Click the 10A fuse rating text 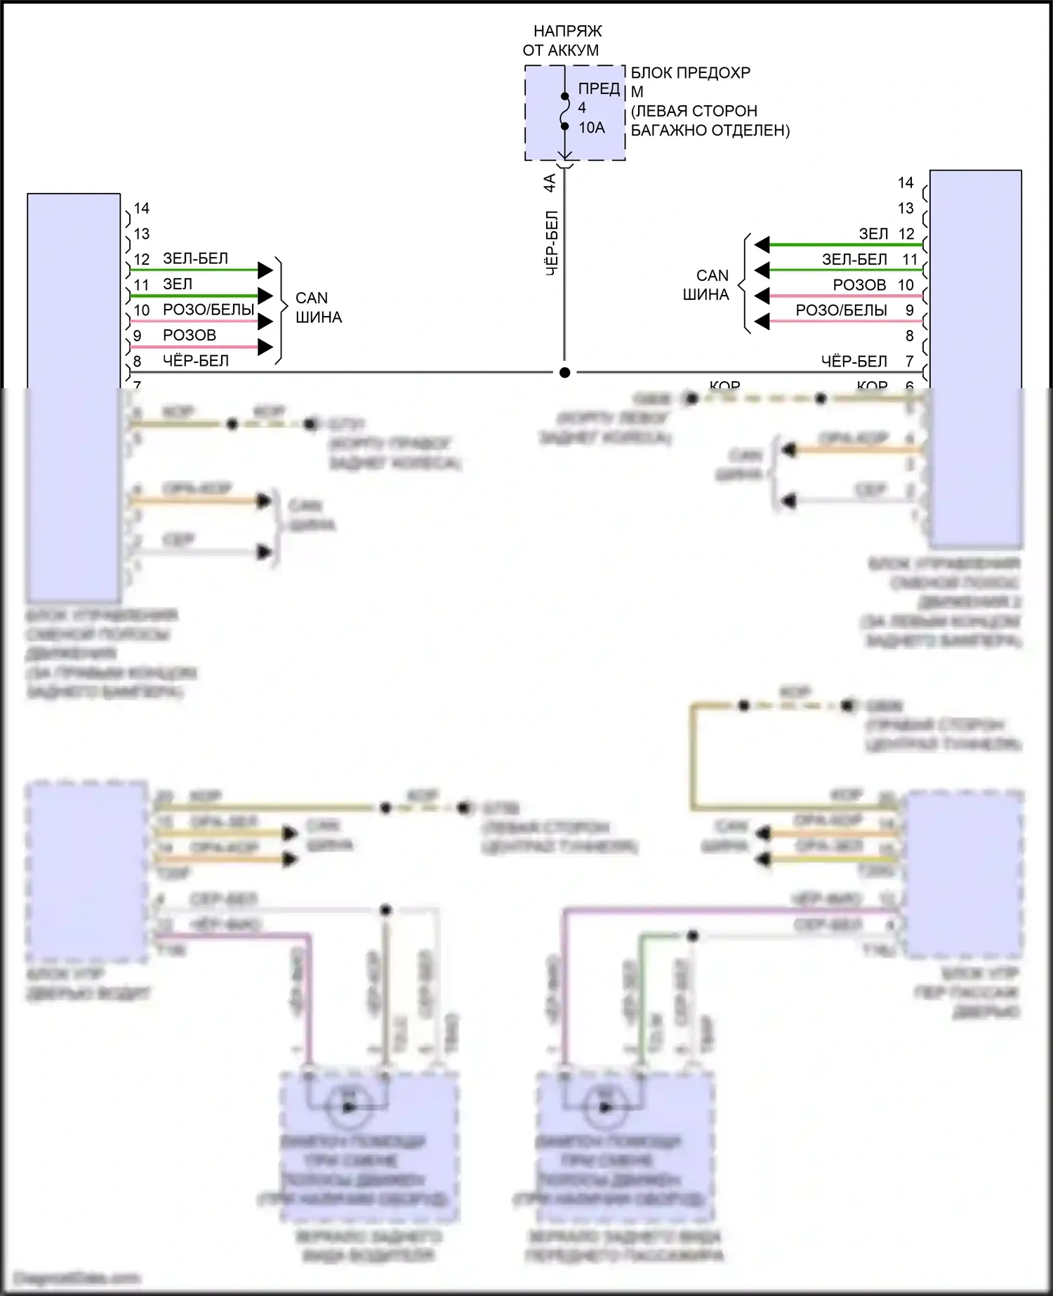coord(591,128)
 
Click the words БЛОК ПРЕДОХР coord(690,73)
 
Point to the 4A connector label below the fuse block coord(550,183)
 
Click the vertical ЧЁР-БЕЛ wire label coord(552,242)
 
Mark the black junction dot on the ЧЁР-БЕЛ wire coord(564,373)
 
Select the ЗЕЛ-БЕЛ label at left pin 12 coord(195,258)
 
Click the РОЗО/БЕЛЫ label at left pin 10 coord(208,310)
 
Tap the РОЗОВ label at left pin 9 coord(189,336)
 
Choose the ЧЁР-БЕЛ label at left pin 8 coord(195,361)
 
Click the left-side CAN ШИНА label coord(318,308)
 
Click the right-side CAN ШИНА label coord(706,285)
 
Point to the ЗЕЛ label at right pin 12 coord(873,234)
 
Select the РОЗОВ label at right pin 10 coord(859,285)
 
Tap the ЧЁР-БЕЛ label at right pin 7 coord(854,362)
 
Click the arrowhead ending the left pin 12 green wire coord(265,270)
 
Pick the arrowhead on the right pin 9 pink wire coord(762,322)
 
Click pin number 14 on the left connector coord(142,209)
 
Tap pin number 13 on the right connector coord(906,209)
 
